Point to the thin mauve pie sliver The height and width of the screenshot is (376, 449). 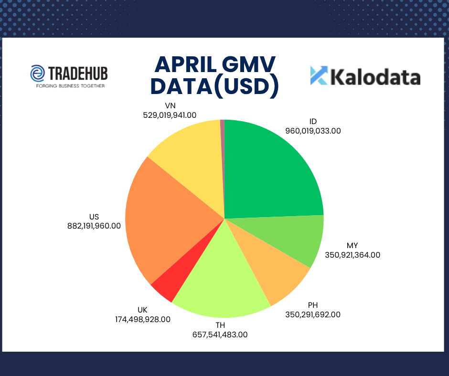coord(223,160)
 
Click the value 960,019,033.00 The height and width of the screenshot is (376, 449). coord(313,131)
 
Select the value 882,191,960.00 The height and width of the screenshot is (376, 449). coord(94,226)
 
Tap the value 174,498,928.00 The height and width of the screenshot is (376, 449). coord(143,319)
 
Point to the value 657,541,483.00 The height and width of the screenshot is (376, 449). coord(220,334)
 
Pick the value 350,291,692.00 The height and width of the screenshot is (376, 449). coord(313,314)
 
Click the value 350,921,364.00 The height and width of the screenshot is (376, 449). coord(353,255)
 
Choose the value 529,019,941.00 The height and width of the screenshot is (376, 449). coord(170,115)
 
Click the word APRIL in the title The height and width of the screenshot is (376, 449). coord(185,65)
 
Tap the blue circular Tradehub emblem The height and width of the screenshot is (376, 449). coord(38,73)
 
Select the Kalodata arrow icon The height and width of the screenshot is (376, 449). coord(319,75)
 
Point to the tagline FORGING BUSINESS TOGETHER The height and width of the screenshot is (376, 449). coord(70,86)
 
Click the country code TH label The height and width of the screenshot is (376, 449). coord(220,325)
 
